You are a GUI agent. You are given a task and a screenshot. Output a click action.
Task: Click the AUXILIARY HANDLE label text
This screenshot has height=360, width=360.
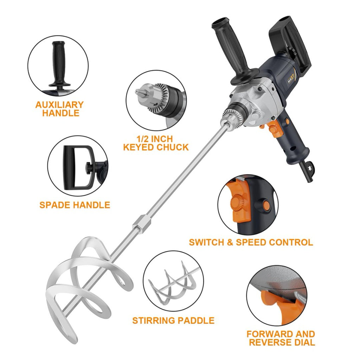click(x=59, y=109)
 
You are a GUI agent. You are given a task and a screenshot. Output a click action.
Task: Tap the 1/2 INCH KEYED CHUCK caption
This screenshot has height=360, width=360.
click(x=156, y=143)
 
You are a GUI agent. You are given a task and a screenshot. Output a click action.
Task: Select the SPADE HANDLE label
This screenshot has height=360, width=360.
click(x=75, y=205)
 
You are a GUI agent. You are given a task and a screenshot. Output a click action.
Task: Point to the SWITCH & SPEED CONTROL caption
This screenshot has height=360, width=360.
click(x=251, y=242)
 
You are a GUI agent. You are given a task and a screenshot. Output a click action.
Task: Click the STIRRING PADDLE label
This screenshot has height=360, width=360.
click(x=173, y=320)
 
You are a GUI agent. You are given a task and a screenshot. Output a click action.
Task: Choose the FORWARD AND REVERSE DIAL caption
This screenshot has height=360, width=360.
click(x=280, y=338)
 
